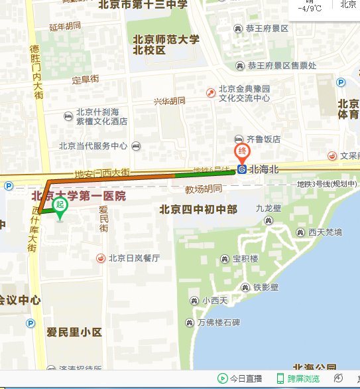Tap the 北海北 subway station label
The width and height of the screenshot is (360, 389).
click(x=264, y=169)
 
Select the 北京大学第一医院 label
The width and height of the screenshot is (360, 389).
click(x=78, y=196)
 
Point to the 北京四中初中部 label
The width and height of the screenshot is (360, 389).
click(x=198, y=209)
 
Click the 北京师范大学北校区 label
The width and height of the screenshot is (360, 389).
click(x=166, y=44)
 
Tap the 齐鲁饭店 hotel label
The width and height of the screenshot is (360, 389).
click(x=263, y=139)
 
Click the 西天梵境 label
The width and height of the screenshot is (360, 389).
click(x=325, y=232)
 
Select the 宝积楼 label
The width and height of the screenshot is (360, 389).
click(x=245, y=259)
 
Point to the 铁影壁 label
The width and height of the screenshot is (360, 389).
click(x=265, y=287)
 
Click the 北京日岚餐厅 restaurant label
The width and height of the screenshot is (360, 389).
click(x=134, y=258)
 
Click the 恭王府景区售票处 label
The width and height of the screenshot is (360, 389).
click(x=282, y=65)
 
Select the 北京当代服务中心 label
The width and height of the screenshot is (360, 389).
click(x=93, y=146)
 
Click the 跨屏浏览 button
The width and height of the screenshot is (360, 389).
click(x=303, y=379)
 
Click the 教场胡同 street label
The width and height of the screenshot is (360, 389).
click(x=204, y=189)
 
